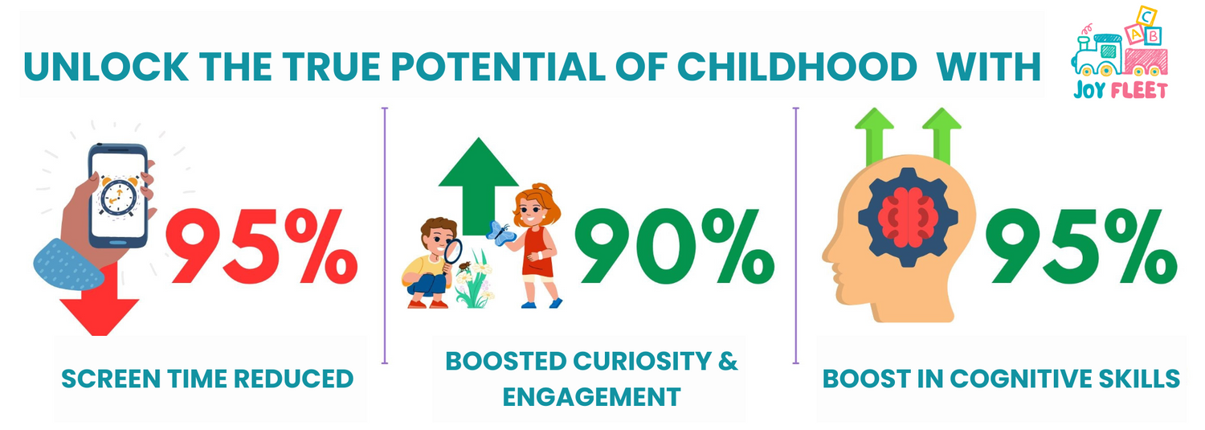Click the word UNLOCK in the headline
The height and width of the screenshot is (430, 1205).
pos(106,68)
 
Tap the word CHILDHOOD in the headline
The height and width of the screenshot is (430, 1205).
pos(797,68)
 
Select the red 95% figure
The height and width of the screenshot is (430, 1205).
pos(261,247)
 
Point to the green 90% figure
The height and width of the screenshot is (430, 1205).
pos(674,247)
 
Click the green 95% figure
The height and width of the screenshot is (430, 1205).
pos(1081,247)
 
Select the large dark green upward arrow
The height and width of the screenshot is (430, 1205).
pos(478,186)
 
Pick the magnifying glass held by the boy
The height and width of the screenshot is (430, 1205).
pos(452,252)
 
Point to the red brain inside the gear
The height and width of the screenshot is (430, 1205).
pos(908,217)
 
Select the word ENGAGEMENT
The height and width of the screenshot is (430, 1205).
pos(591,397)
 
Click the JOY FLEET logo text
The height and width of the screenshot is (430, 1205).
pos(1120,90)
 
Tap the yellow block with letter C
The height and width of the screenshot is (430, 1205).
pos(1146,16)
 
